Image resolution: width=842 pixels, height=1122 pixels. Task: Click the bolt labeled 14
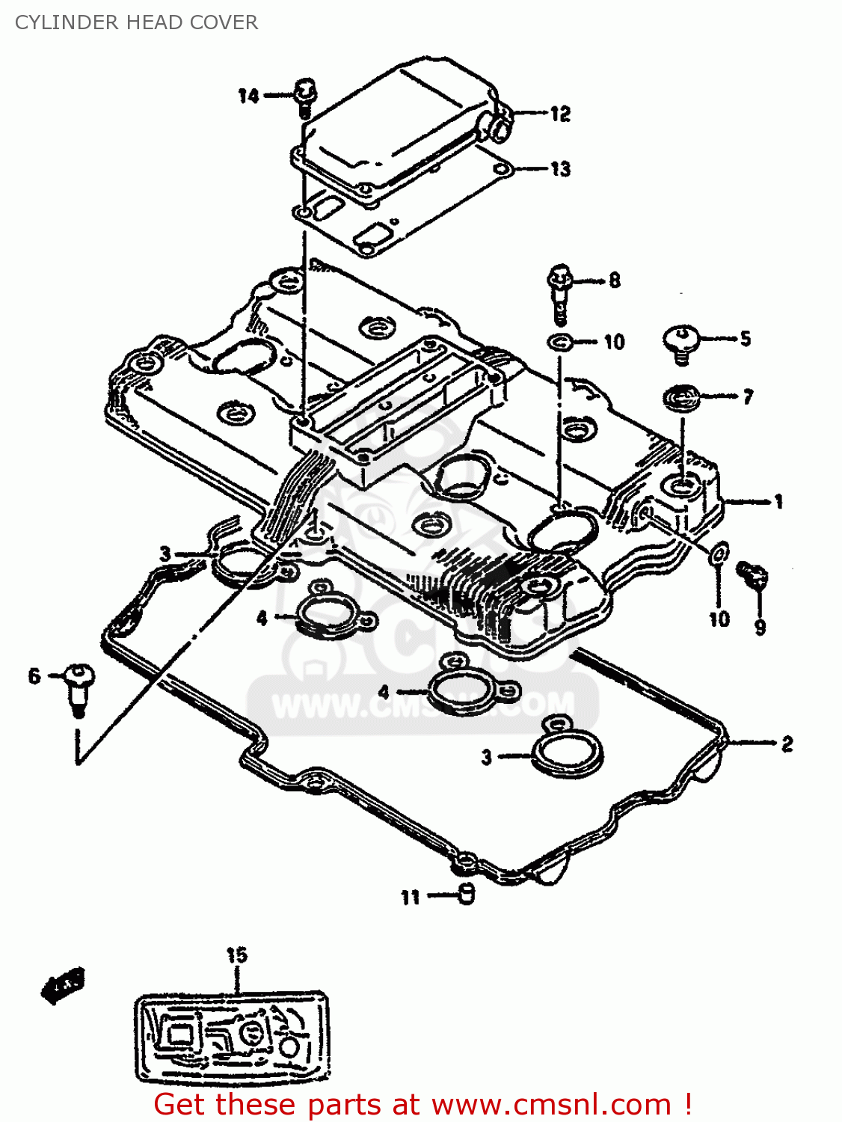tap(305, 98)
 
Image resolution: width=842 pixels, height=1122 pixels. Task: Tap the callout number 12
tap(560, 114)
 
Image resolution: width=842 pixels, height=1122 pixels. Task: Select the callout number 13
tap(561, 169)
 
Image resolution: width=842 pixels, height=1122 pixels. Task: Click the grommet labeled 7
tap(680, 397)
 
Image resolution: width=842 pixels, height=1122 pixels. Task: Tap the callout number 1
tap(778, 501)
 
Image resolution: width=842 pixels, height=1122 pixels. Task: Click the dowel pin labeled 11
tap(465, 892)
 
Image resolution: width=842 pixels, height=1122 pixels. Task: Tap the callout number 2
tap(787, 744)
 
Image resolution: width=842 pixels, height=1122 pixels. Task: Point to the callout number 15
tap(236, 955)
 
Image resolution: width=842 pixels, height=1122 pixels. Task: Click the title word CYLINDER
tap(67, 22)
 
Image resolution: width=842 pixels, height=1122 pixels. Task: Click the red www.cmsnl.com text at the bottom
tap(552, 1105)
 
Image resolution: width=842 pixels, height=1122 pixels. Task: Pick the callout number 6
tap(34, 676)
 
